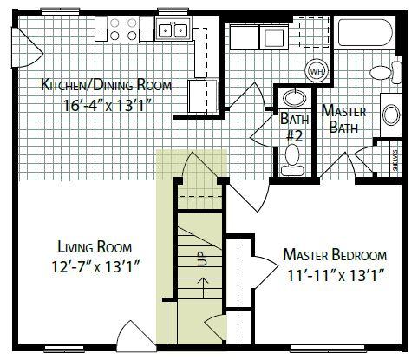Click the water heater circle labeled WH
317,71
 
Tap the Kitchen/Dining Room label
107,85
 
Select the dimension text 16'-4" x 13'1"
108,105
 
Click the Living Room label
95,247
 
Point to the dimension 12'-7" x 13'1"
95,266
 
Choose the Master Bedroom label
335,255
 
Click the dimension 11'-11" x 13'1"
336,275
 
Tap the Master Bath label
343,119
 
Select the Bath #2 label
295,127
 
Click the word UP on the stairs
201,259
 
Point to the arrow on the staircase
204,287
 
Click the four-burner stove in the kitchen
123,29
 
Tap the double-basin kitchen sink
173,29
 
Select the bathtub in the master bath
365,32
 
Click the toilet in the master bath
385,72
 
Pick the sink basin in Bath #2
295,98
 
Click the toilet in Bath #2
292,160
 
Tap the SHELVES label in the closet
395,160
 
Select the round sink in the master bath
391,115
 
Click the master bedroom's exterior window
328,348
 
